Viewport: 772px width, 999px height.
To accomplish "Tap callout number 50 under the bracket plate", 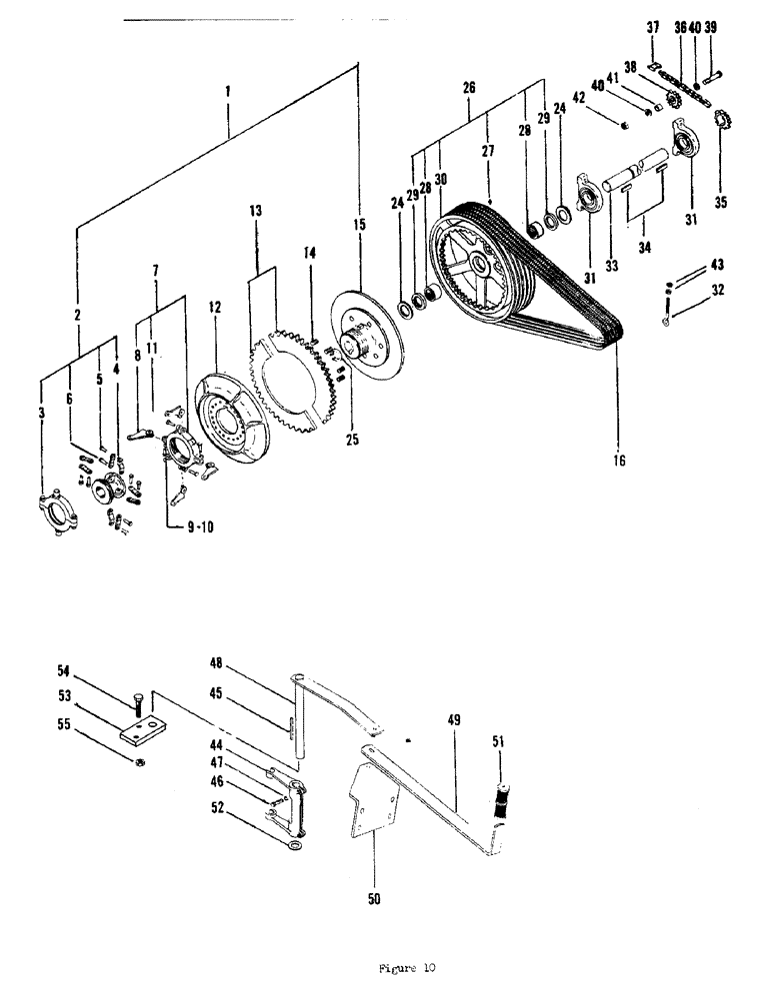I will (372, 898).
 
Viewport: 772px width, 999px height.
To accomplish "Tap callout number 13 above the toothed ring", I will (255, 211).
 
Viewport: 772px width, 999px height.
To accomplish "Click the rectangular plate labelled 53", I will (141, 732).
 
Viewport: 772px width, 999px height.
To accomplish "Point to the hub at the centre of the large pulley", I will (483, 265).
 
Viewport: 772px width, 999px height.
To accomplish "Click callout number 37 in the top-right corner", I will (652, 27).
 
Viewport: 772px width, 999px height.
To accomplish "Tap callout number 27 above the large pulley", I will (487, 151).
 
